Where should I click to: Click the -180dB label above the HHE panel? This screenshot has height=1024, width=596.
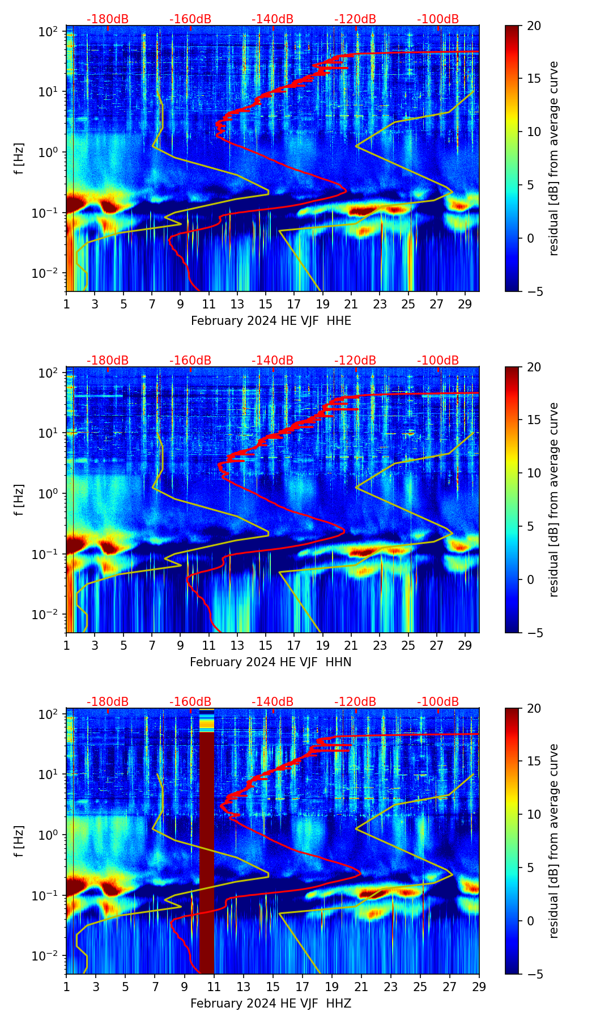point(108,19)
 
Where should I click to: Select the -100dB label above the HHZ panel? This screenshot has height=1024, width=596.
point(438,702)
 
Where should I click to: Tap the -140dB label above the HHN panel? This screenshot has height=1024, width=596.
point(273,361)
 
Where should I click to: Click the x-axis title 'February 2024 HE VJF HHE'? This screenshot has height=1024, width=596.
point(271,321)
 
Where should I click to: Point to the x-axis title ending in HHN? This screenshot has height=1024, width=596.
point(270,662)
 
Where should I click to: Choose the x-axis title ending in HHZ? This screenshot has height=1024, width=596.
point(271,1004)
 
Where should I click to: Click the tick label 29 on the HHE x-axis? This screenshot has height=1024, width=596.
point(465,304)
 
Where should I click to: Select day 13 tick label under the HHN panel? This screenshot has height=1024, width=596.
point(237,645)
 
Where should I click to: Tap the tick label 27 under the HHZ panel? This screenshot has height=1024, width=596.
point(449,987)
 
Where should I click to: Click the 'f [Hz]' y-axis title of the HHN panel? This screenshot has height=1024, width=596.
point(19,500)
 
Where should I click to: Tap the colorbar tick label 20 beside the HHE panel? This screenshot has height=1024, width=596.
point(534,26)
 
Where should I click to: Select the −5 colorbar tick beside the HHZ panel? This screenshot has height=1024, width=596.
point(534,974)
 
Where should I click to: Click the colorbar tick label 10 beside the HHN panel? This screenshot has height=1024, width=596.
point(534,473)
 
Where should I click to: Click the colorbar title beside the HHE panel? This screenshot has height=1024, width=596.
point(554,158)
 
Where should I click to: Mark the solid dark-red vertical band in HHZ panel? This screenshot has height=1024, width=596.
point(206,850)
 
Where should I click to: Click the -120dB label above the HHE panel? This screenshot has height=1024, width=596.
point(355,19)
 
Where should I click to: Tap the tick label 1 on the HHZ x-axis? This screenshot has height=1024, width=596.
point(66,987)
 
